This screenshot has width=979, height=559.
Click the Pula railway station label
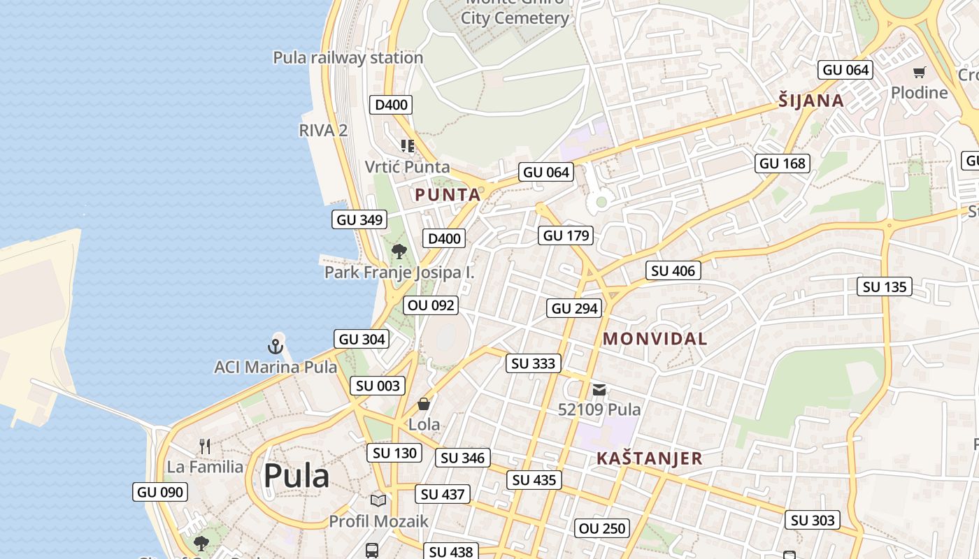348,58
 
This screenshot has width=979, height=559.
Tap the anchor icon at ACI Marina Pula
276,346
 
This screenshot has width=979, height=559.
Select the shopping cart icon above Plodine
920,73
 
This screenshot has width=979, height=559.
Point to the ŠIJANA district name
811,101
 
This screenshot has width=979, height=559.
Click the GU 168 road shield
783,164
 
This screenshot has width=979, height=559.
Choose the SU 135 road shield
885,286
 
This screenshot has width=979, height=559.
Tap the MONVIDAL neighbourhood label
655,340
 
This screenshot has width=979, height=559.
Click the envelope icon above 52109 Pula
599,390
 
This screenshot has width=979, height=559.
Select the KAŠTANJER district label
649,459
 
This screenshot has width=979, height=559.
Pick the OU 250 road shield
602,528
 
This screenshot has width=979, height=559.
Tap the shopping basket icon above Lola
424,404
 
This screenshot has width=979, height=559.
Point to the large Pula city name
296,477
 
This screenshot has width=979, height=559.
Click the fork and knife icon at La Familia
205,447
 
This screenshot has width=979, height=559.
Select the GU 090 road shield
160,492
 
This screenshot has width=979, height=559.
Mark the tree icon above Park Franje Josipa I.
399,252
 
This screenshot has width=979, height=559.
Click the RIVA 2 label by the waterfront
323,130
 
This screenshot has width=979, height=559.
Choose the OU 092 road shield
431,305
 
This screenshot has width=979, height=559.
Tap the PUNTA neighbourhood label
448,195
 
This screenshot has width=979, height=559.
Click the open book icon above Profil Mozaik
378,500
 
